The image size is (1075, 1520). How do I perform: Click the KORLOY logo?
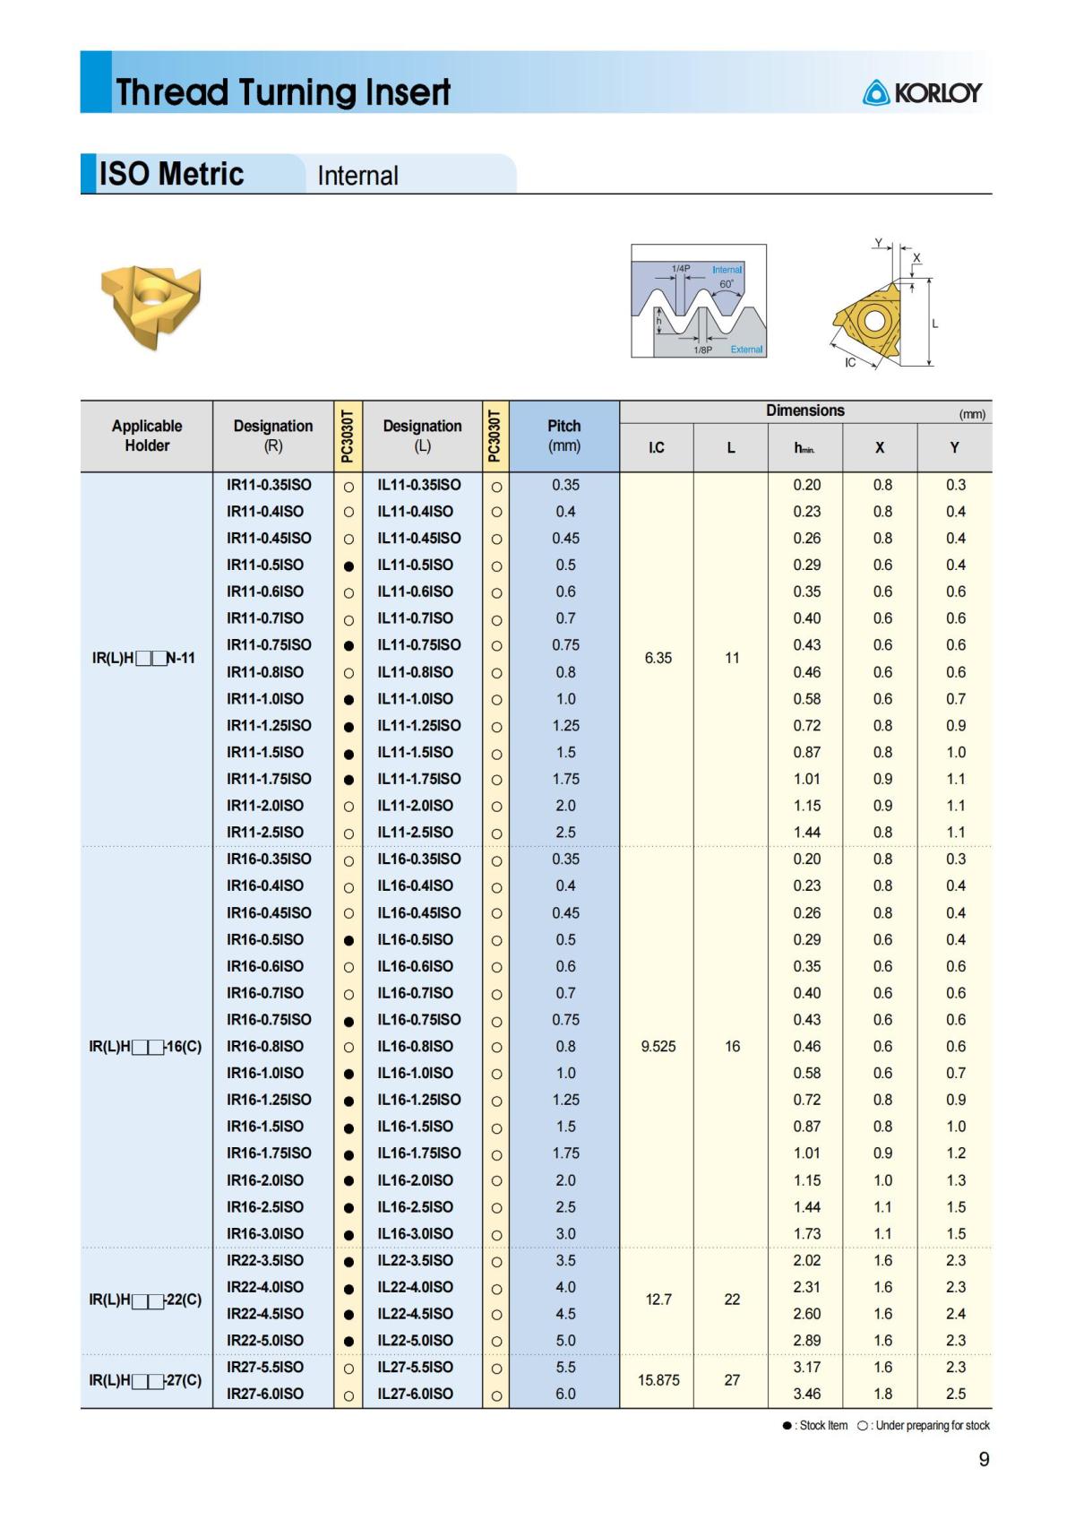point(922,92)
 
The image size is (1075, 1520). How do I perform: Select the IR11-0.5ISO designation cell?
point(265,565)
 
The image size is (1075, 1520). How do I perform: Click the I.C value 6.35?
point(658,658)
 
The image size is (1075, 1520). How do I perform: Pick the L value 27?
point(732,1380)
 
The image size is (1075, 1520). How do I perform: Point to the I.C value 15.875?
point(658,1380)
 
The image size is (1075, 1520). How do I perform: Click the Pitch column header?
point(564,436)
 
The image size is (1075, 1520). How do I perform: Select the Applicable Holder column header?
point(147,436)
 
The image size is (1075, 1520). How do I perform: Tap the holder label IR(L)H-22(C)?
point(146,1300)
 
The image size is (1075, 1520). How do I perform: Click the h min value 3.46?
point(806,1394)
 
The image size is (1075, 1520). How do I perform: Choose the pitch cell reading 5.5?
point(565,1367)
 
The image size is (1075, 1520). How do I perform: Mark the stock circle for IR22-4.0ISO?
point(348,1289)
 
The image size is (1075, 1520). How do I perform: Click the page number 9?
point(984,1460)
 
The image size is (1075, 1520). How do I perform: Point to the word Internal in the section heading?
point(357,176)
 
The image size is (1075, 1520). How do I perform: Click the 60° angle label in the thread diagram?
point(727,284)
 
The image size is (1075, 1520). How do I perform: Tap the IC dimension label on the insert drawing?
point(850,363)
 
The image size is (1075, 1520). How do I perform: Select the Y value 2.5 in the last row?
point(956,1394)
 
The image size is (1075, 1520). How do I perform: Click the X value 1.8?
point(882,1394)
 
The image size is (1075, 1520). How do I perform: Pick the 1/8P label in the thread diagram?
point(703,350)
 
